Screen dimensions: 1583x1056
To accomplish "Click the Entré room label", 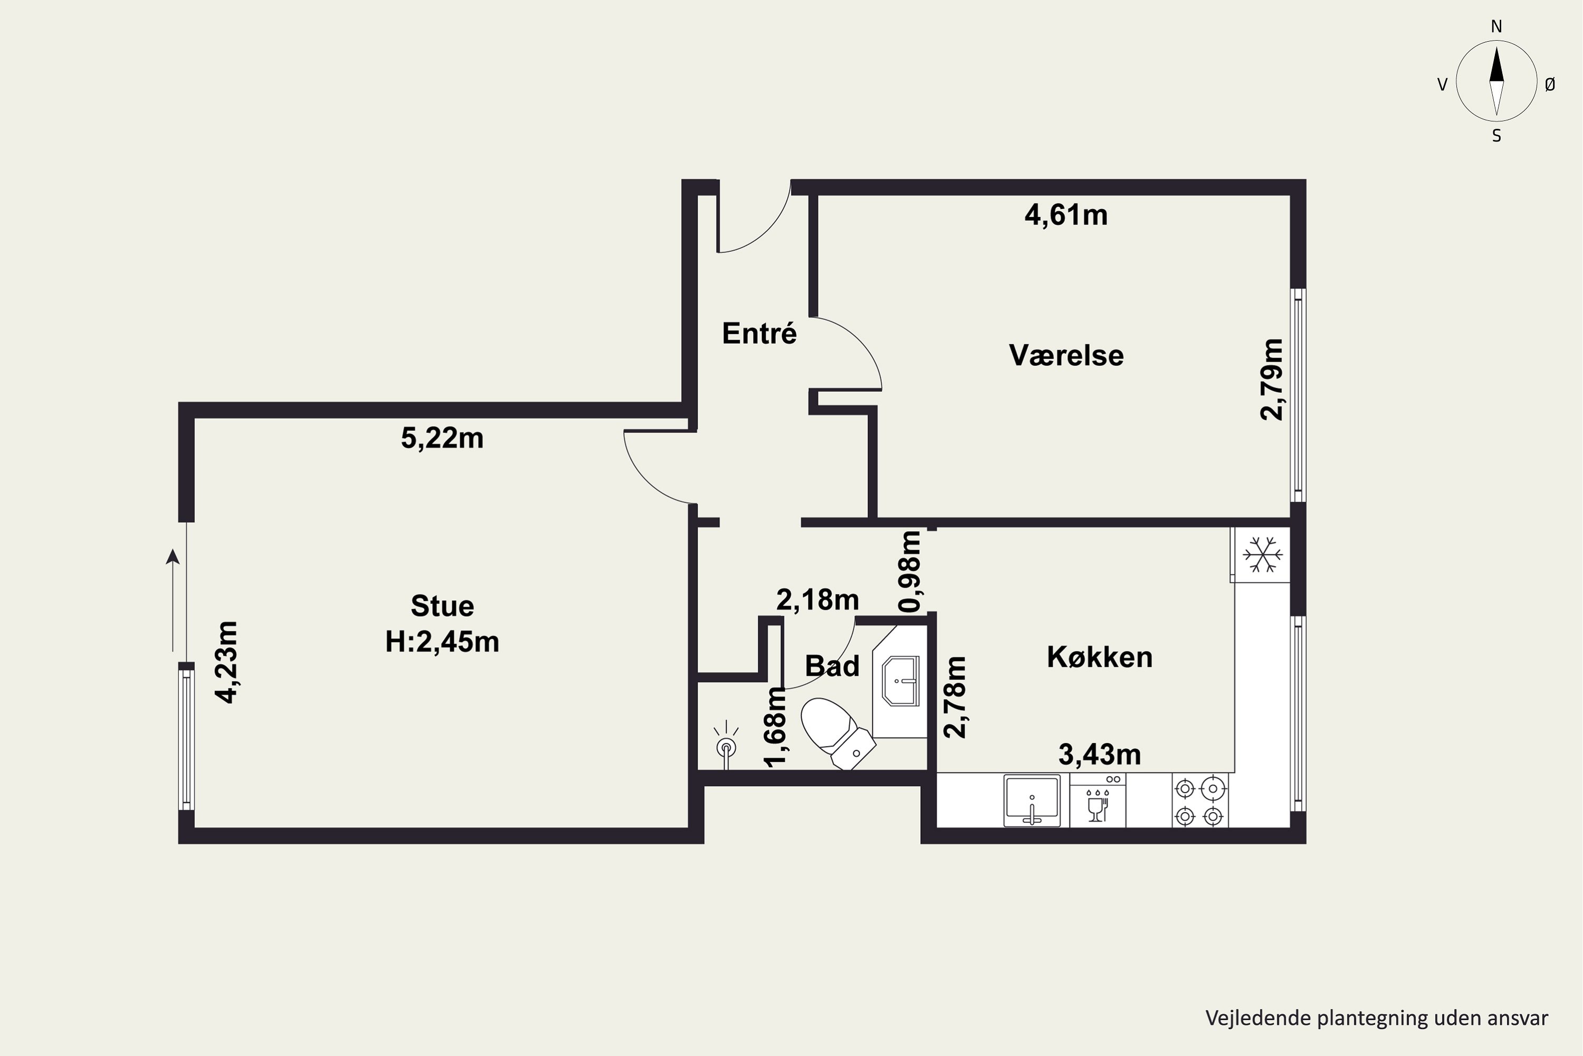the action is pos(759,333).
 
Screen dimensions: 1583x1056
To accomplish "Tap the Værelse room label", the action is pos(1066,355).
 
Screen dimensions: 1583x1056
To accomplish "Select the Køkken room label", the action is pos(1100,657).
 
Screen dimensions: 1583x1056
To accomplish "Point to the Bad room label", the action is pos(833,665).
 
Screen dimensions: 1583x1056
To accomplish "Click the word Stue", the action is pos(442,606).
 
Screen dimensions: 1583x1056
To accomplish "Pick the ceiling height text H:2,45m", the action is pos(442,642).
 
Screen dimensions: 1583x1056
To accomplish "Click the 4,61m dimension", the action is pos(1066,215).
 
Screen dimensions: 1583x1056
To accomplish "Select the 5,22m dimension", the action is pos(442,438).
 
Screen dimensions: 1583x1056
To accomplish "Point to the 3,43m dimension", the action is pos(1100,755).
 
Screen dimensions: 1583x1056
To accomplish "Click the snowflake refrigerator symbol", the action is pos(1263,555).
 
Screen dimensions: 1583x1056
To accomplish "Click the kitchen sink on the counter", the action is pos(1032,800).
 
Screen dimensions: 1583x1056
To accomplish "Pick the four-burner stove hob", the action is pos(1199,800).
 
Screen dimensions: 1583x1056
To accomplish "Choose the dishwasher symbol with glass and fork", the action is pos(1097,800).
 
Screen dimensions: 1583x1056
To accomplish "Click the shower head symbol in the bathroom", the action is pos(726,744).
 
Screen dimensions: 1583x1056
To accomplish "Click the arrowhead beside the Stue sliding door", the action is pos(173,555).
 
